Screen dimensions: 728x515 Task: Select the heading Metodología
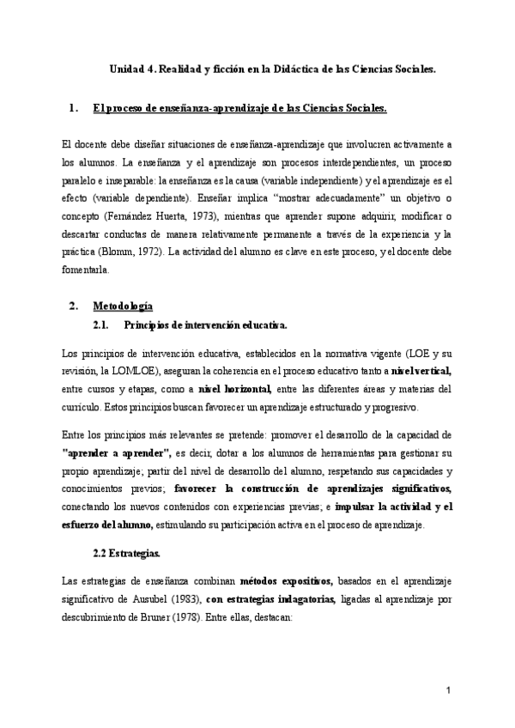[x=124, y=305]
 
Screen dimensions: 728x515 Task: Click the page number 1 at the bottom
[x=448, y=691]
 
